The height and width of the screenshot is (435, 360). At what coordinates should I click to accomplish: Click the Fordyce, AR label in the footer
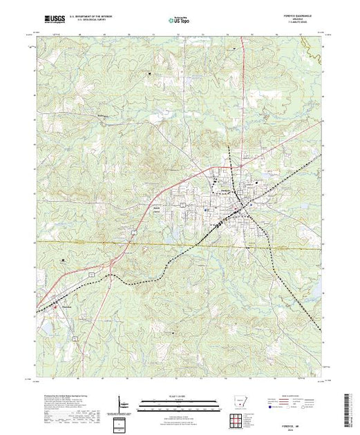(298, 426)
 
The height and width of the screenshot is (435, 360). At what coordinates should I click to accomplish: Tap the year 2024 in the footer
(298, 430)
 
